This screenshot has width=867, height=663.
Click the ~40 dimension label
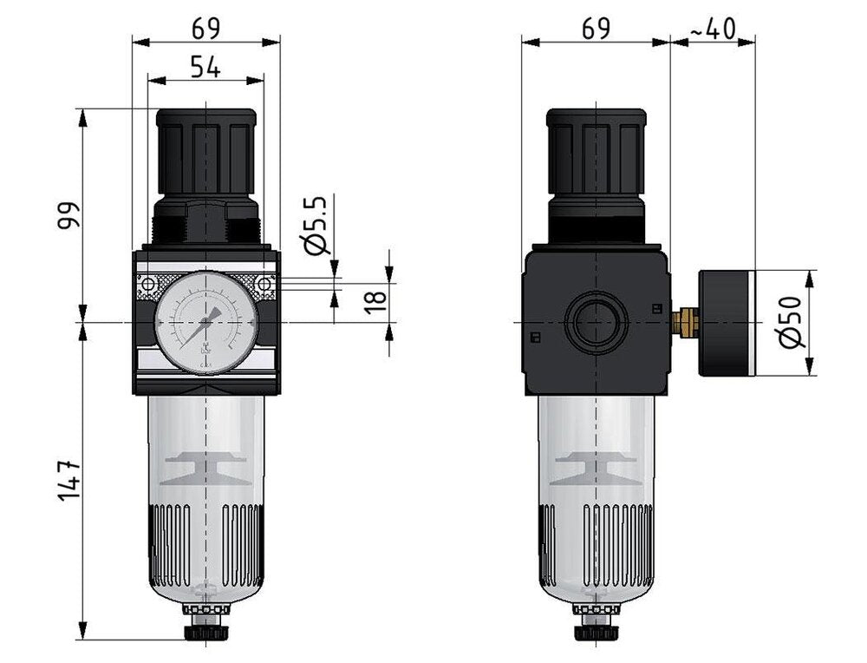pyautogui.click(x=713, y=29)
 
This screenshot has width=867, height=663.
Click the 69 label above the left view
pyautogui.click(x=205, y=28)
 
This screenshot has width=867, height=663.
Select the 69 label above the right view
pyautogui.click(x=596, y=28)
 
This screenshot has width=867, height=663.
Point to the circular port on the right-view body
pyautogui.click(x=596, y=322)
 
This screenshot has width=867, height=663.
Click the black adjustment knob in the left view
pyautogui.click(x=205, y=148)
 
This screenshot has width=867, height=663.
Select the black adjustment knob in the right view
pyautogui.click(x=596, y=148)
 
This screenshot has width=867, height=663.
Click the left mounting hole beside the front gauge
pyautogui.click(x=149, y=284)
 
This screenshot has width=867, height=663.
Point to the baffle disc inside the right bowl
pyautogui.click(x=596, y=469)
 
